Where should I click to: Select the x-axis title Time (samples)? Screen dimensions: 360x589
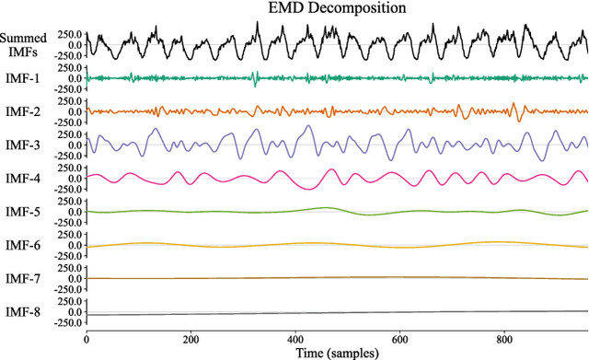click(337, 352)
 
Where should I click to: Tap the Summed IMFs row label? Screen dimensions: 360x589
click(19, 44)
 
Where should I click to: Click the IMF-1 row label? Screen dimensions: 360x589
click(22, 78)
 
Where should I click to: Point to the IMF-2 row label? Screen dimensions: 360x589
click(22, 111)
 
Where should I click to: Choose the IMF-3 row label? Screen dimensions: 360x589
click(22, 145)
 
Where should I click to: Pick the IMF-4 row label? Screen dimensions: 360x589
click(22, 178)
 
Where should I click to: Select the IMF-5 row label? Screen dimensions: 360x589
click(22, 211)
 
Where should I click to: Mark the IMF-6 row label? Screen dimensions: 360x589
click(22, 245)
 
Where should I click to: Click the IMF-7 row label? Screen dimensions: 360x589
click(22, 278)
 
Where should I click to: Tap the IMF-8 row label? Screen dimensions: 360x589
click(22, 311)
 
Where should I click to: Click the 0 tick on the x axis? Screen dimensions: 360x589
click(86, 338)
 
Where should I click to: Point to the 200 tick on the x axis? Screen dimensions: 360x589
click(191, 338)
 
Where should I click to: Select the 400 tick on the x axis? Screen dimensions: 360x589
click(295, 338)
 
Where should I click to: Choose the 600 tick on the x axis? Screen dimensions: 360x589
click(400, 338)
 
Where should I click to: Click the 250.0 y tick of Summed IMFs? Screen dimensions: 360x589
click(67, 34)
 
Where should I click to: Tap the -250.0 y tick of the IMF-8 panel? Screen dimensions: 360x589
click(65, 322)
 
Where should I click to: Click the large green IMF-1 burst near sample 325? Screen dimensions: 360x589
click(255, 76)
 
